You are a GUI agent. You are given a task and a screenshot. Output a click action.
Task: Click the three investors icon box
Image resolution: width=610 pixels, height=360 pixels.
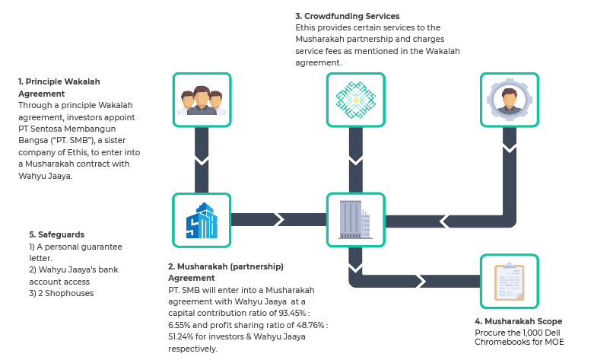coord(202,100)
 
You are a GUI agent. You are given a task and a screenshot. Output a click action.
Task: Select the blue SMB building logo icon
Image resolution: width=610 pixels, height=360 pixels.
coord(202,220)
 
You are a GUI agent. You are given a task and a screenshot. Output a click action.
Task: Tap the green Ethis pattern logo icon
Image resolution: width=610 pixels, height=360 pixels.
coord(356,100)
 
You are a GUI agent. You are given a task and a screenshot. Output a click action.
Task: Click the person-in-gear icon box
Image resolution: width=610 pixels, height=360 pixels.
coord(510,100)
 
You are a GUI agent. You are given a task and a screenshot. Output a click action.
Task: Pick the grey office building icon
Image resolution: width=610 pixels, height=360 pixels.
coord(356,220)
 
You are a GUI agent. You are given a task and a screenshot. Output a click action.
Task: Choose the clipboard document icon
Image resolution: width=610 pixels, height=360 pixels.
coord(510,282)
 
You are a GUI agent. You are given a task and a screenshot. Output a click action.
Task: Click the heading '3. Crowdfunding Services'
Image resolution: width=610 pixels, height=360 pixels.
coord(347,16)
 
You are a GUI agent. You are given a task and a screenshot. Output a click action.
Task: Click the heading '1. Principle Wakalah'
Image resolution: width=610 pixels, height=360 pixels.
coord(59,81)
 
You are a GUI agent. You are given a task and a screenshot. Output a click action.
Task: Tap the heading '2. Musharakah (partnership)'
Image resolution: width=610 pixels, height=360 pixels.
coord(226,266)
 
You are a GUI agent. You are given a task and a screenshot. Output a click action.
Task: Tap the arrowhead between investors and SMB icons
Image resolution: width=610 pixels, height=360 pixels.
coord(202,161)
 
